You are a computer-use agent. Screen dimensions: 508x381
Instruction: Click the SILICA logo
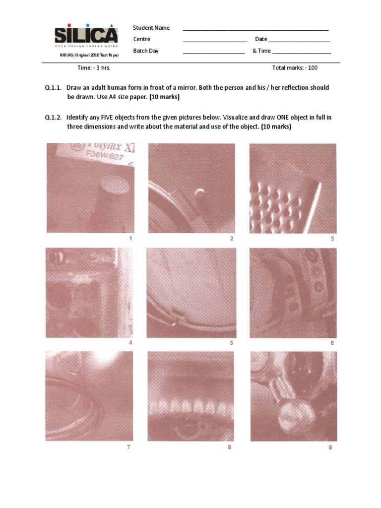coord(86,36)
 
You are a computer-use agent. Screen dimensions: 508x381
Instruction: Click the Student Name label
coord(151,28)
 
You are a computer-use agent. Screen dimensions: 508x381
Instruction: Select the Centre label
coord(141,39)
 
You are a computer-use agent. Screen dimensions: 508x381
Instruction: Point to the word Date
coord(261,39)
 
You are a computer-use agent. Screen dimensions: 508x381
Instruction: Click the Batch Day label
coord(145,51)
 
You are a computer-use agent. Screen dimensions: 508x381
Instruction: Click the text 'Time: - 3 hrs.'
coord(97,68)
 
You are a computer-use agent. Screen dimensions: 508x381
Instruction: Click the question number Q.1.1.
coord(53,88)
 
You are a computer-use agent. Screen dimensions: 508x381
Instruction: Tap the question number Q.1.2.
coord(53,118)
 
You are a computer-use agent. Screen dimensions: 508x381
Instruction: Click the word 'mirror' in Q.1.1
coord(225,88)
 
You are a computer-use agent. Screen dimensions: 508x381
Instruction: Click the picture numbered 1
coord(90,188)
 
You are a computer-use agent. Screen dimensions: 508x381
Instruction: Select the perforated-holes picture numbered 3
coord(293,188)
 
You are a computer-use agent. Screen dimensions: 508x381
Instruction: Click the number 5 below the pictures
coord(231,343)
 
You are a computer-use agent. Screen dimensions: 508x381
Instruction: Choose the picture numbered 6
coord(293,292)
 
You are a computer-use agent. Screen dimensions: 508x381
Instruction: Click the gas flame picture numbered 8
coord(191,396)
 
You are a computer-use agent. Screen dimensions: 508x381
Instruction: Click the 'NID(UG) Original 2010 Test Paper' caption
coord(86,55)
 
